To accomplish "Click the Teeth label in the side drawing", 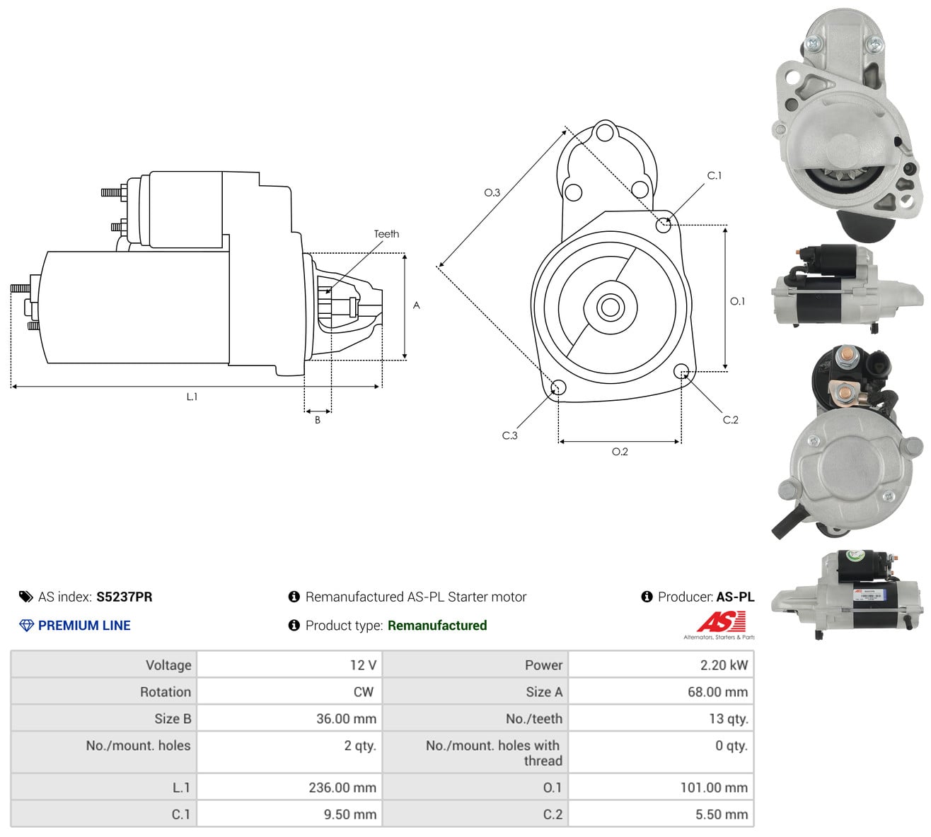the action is point(386,234).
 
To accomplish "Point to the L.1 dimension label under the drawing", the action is point(192,397).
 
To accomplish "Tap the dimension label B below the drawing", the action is point(318,420).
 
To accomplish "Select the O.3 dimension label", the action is point(492,192).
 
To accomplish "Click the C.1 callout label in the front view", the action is point(715,175).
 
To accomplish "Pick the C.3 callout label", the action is point(509,435).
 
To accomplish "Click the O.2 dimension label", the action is point(620,452).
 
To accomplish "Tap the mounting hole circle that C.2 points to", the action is point(681,370).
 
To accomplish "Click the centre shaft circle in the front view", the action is point(610,307).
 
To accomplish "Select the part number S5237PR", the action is point(125,597).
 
